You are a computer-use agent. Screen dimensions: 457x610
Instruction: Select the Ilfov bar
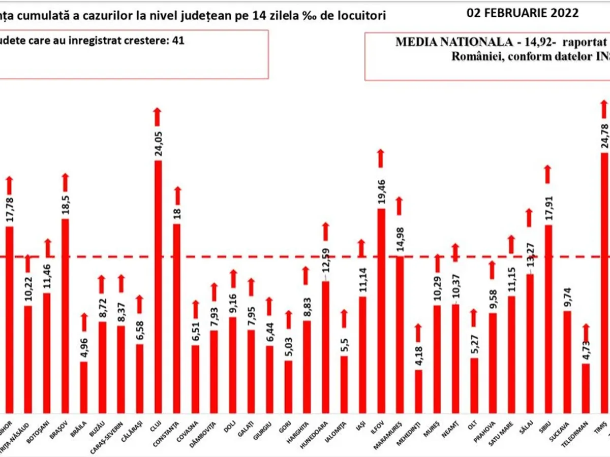coord(381,310)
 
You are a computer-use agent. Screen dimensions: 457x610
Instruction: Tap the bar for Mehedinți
coord(418,391)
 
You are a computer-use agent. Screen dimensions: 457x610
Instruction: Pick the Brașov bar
coord(65,315)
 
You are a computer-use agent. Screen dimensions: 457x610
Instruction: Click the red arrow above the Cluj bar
coord(158,116)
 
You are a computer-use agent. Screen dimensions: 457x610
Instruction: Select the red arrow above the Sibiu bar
coord(548,174)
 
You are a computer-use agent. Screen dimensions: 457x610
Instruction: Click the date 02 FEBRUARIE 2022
coord(523,13)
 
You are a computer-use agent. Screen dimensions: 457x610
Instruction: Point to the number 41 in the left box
coord(178,41)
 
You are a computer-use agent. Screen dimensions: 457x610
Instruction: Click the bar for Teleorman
coord(586,387)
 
